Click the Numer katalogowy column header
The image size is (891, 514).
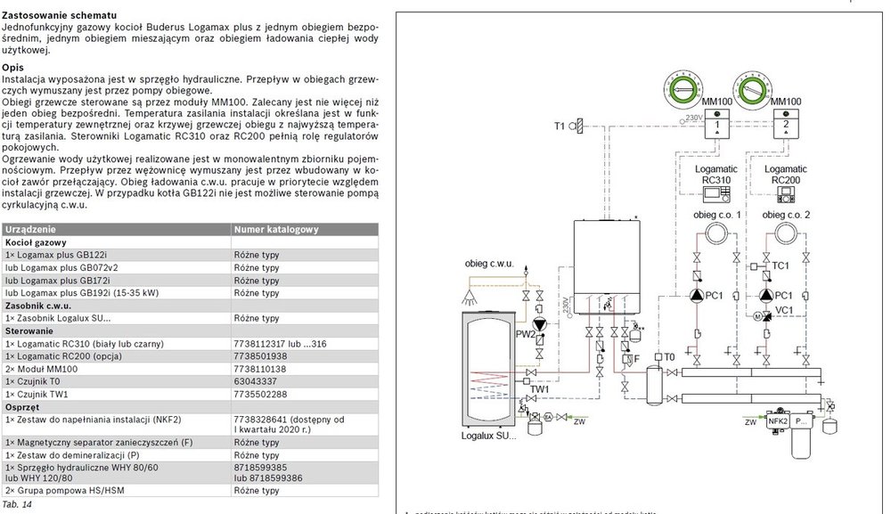[x=275, y=230]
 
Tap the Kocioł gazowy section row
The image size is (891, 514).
[x=36, y=242]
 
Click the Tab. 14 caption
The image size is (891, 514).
[x=17, y=504]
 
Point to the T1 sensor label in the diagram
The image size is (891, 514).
[x=560, y=126]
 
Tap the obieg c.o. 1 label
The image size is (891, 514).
[x=716, y=215]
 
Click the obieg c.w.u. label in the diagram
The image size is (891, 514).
[x=490, y=265]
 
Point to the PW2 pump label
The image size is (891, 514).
[x=524, y=335]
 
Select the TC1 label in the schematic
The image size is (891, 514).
[x=781, y=265]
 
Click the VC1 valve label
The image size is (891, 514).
[x=784, y=309]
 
